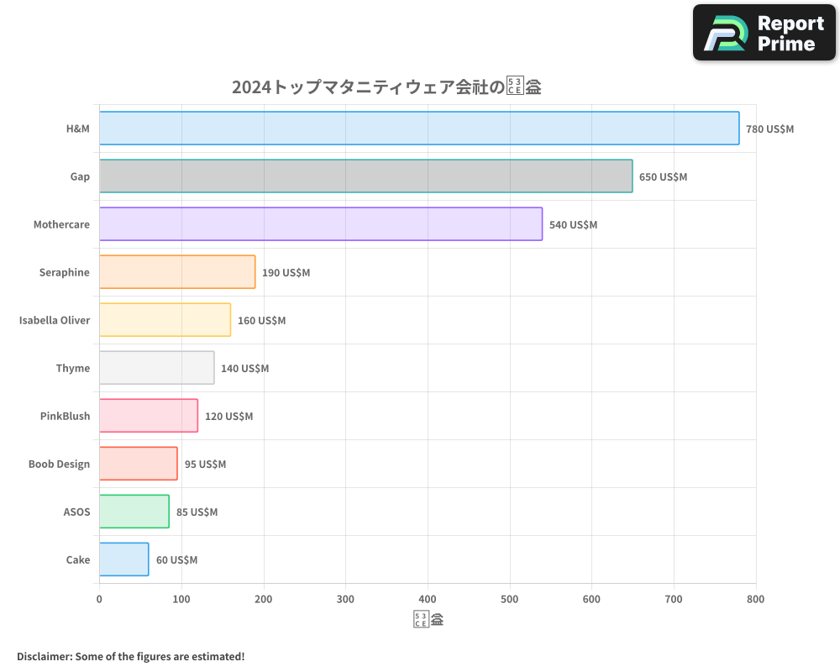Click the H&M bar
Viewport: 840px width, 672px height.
click(x=419, y=129)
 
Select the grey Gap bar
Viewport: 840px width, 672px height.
click(x=365, y=176)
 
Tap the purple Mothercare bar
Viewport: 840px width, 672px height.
click(x=320, y=224)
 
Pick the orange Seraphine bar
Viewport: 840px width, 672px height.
click(x=176, y=272)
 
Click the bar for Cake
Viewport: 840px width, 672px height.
click(x=123, y=559)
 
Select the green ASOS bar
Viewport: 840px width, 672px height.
click(x=134, y=512)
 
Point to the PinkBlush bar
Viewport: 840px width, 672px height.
click(x=148, y=416)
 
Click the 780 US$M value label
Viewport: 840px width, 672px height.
click(x=769, y=129)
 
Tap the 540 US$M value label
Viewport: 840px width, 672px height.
click(x=573, y=225)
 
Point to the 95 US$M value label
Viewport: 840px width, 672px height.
click(x=205, y=465)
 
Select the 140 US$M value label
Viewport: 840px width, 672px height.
click(x=244, y=369)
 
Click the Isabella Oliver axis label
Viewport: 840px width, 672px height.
click(x=55, y=320)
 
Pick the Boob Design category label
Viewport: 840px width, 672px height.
click(x=59, y=464)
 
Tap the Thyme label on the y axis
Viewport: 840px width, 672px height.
click(x=73, y=368)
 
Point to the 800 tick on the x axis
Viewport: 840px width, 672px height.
click(x=755, y=599)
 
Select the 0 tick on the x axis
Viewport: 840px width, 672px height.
click(x=99, y=599)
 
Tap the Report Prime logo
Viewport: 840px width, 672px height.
click(x=764, y=33)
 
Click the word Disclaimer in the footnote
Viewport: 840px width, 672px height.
click(x=44, y=656)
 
